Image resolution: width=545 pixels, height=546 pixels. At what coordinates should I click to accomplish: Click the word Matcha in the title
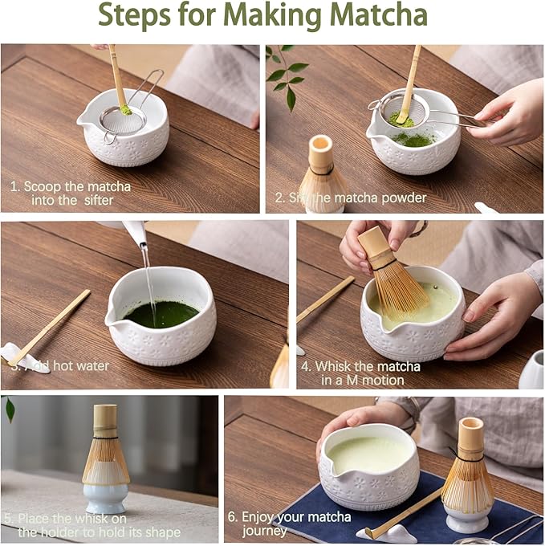point(376,15)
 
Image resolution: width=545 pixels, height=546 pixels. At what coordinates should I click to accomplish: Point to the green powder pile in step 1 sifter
point(126,109)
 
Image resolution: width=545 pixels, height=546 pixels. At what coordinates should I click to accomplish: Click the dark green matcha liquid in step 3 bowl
point(161,313)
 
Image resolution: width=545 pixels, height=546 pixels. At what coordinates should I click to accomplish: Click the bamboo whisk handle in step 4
point(373,247)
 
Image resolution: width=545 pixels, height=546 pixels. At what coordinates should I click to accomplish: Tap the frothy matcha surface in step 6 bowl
point(367,454)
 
